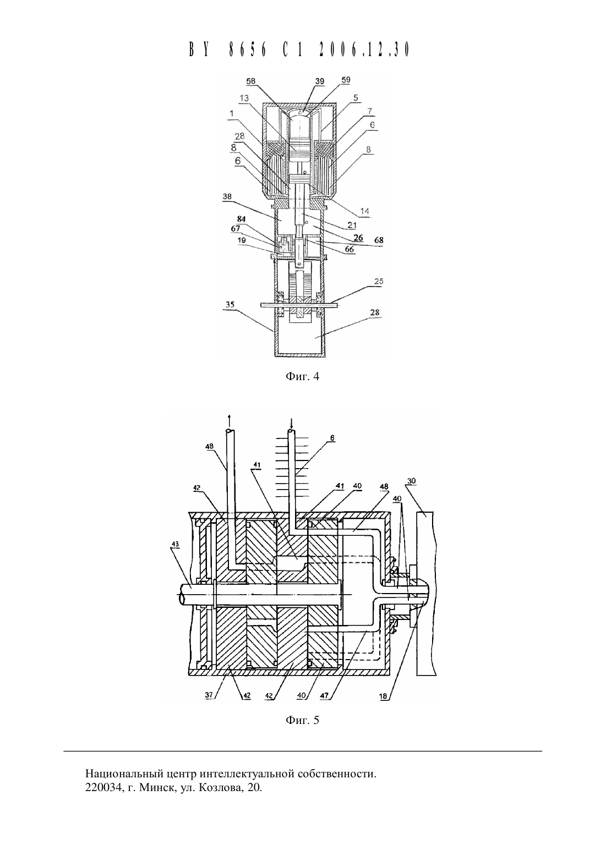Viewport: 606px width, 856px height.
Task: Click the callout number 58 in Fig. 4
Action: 251,81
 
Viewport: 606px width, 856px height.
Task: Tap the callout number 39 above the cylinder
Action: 320,81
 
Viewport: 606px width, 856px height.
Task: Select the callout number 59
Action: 345,80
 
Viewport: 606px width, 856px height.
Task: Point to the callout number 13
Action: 244,98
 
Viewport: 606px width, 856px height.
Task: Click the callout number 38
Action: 227,196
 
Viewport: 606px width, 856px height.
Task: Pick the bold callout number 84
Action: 241,219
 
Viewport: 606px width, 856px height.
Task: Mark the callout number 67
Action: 236,228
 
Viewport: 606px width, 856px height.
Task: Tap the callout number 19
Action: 241,240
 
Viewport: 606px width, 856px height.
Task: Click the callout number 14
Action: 364,211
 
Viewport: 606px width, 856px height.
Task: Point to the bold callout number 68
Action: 379,241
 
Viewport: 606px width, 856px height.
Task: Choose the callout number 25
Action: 379,281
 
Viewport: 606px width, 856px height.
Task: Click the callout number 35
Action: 230,305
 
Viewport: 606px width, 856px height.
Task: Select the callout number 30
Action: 411,481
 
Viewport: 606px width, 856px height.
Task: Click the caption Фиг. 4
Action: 302,376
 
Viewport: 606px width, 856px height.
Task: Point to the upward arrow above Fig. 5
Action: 229,419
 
